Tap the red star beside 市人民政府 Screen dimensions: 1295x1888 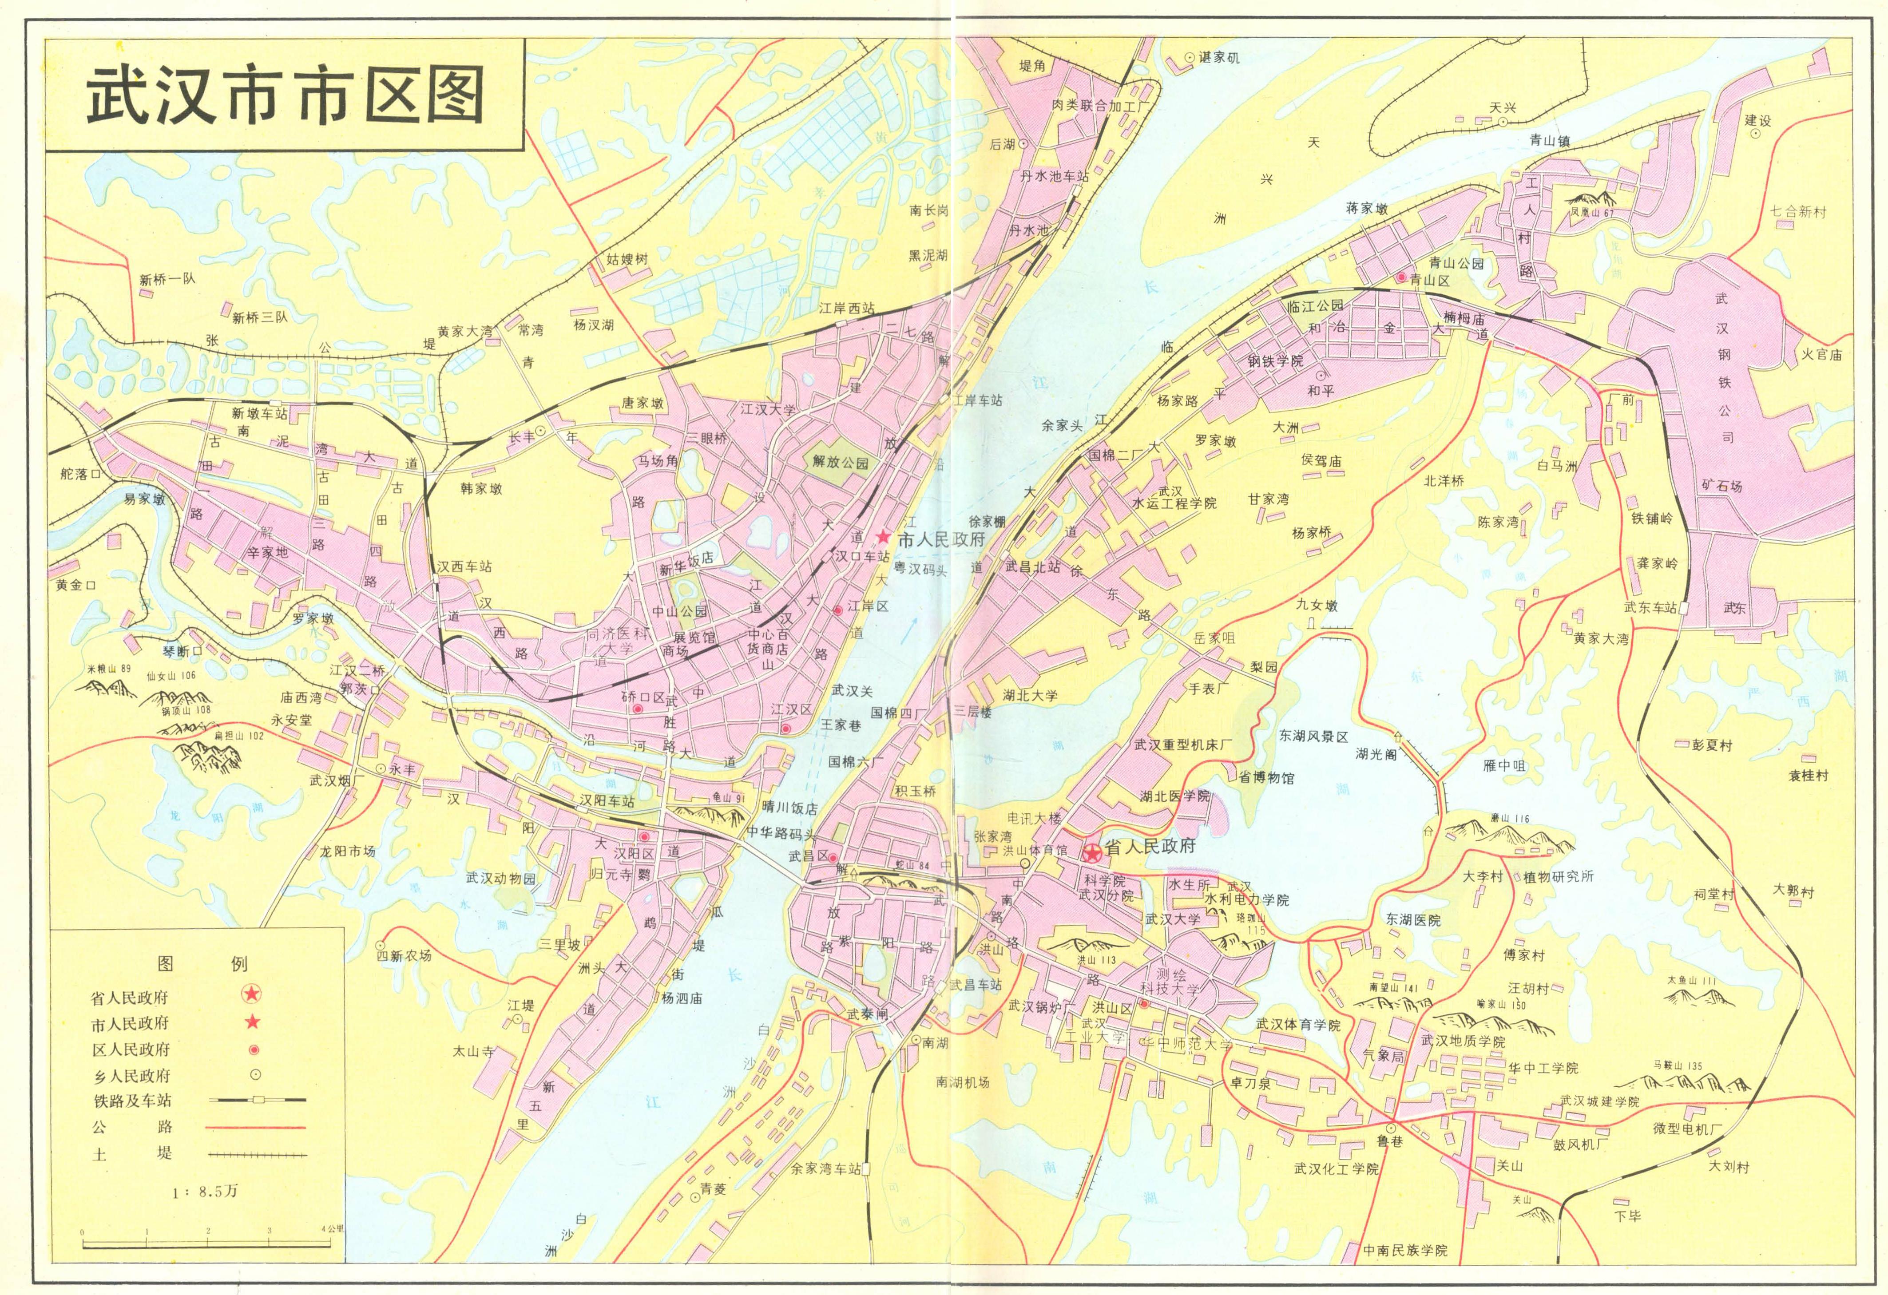click(883, 537)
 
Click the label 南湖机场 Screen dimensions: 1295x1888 click(963, 1082)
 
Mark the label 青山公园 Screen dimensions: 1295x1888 click(1456, 263)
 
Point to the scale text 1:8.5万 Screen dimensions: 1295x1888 click(205, 1192)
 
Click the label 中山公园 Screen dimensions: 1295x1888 click(679, 611)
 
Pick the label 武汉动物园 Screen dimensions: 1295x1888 click(501, 878)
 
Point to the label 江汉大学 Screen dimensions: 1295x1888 click(768, 409)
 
